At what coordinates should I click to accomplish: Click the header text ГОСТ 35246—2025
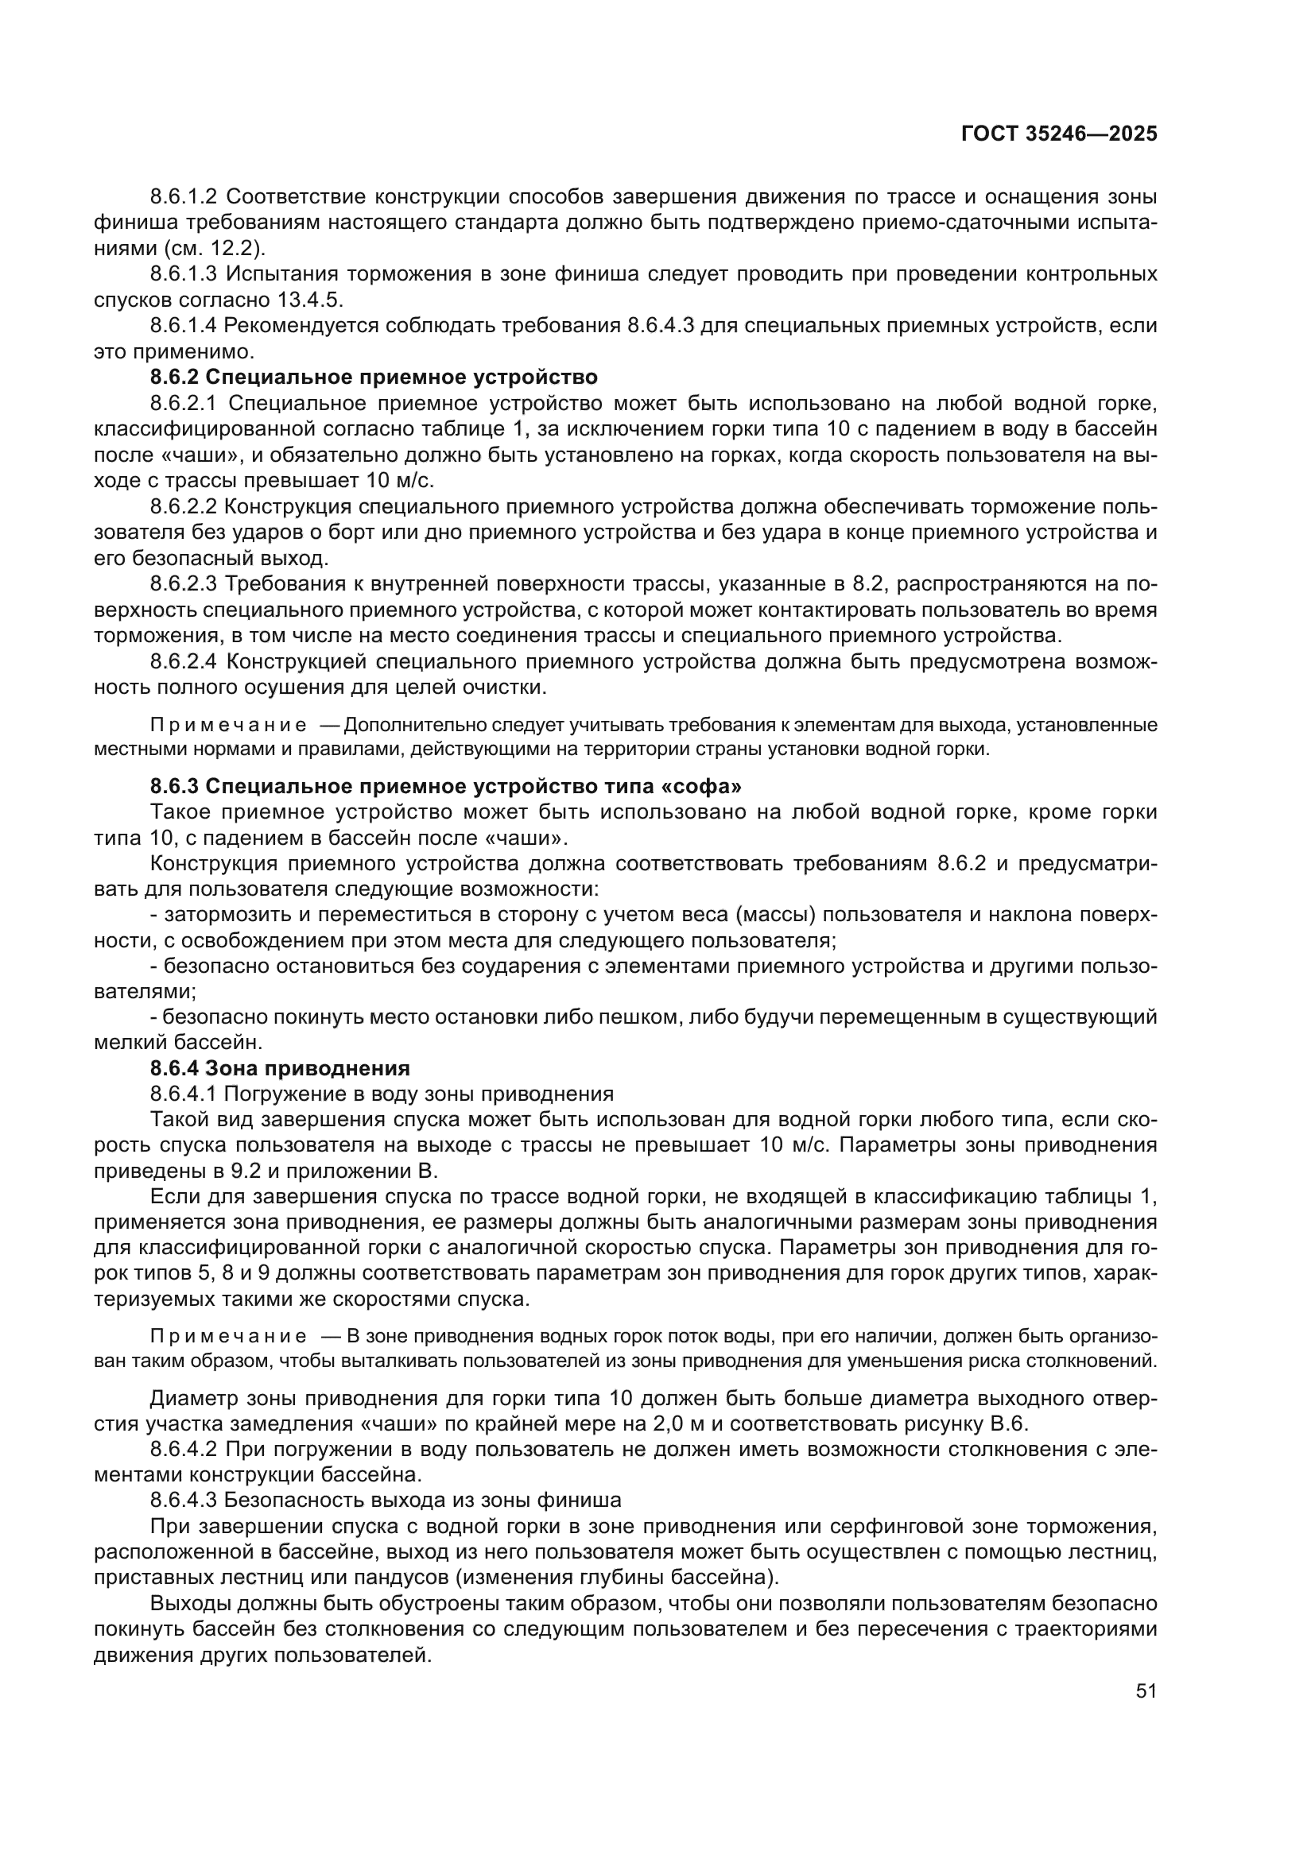(x=1058, y=134)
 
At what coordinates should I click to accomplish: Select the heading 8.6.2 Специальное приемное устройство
(x=374, y=377)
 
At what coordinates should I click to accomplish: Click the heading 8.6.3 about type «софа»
(x=445, y=786)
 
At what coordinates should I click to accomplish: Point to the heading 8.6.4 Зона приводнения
(x=279, y=1068)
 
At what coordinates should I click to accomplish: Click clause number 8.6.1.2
(x=184, y=197)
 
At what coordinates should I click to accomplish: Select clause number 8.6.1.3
(x=184, y=273)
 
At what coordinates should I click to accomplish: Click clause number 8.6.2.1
(x=184, y=402)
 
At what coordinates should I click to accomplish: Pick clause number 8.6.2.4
(x=184, y=661)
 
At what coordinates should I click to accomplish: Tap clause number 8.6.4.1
(x=184, y=1094)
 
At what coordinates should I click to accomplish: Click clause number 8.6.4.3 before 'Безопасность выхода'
(x=184, y=1500)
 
